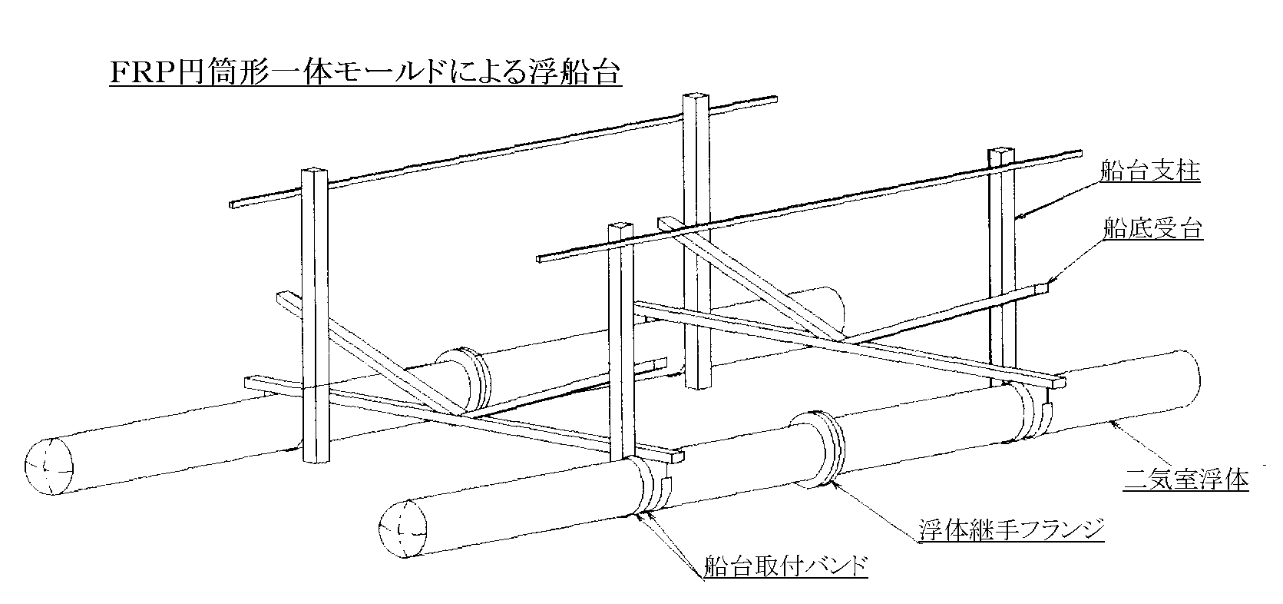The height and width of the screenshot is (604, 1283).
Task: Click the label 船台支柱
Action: pos(1149,171)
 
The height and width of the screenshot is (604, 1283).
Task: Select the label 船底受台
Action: pos(1152,228)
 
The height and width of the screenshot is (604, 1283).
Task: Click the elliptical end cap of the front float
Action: pos(404,526)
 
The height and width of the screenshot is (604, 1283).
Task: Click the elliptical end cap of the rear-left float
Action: pos(48,466)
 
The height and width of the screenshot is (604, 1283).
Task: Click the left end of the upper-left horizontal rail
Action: pos(233,204)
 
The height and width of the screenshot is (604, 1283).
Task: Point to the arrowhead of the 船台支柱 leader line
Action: pos(1017,219)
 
